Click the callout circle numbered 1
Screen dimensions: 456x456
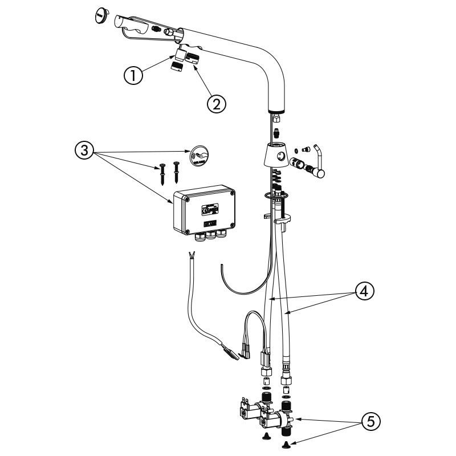point(133,76)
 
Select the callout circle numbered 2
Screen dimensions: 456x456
point(216,103)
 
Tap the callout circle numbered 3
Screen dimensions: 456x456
point(84,152)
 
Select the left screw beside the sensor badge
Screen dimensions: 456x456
point(162,172)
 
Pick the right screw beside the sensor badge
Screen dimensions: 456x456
point(176,169)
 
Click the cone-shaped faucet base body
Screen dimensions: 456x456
point(278,156)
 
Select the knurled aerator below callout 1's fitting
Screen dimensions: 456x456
point(176,66)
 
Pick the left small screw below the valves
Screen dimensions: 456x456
point(265,437)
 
